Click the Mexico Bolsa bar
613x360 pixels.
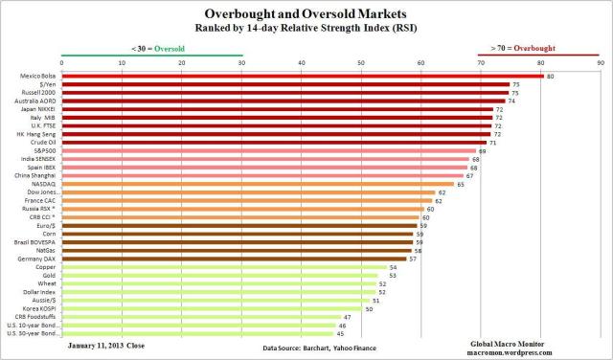tap(302, 76)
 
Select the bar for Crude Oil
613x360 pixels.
tap(275, 143)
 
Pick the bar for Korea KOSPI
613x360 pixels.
tap(212, 308)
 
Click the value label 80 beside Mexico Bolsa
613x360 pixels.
tap(551, 76)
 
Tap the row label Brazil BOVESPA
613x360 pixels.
tap(34, 242)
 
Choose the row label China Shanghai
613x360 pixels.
tap(35, 175)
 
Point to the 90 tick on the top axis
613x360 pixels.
tap(600, 64)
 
